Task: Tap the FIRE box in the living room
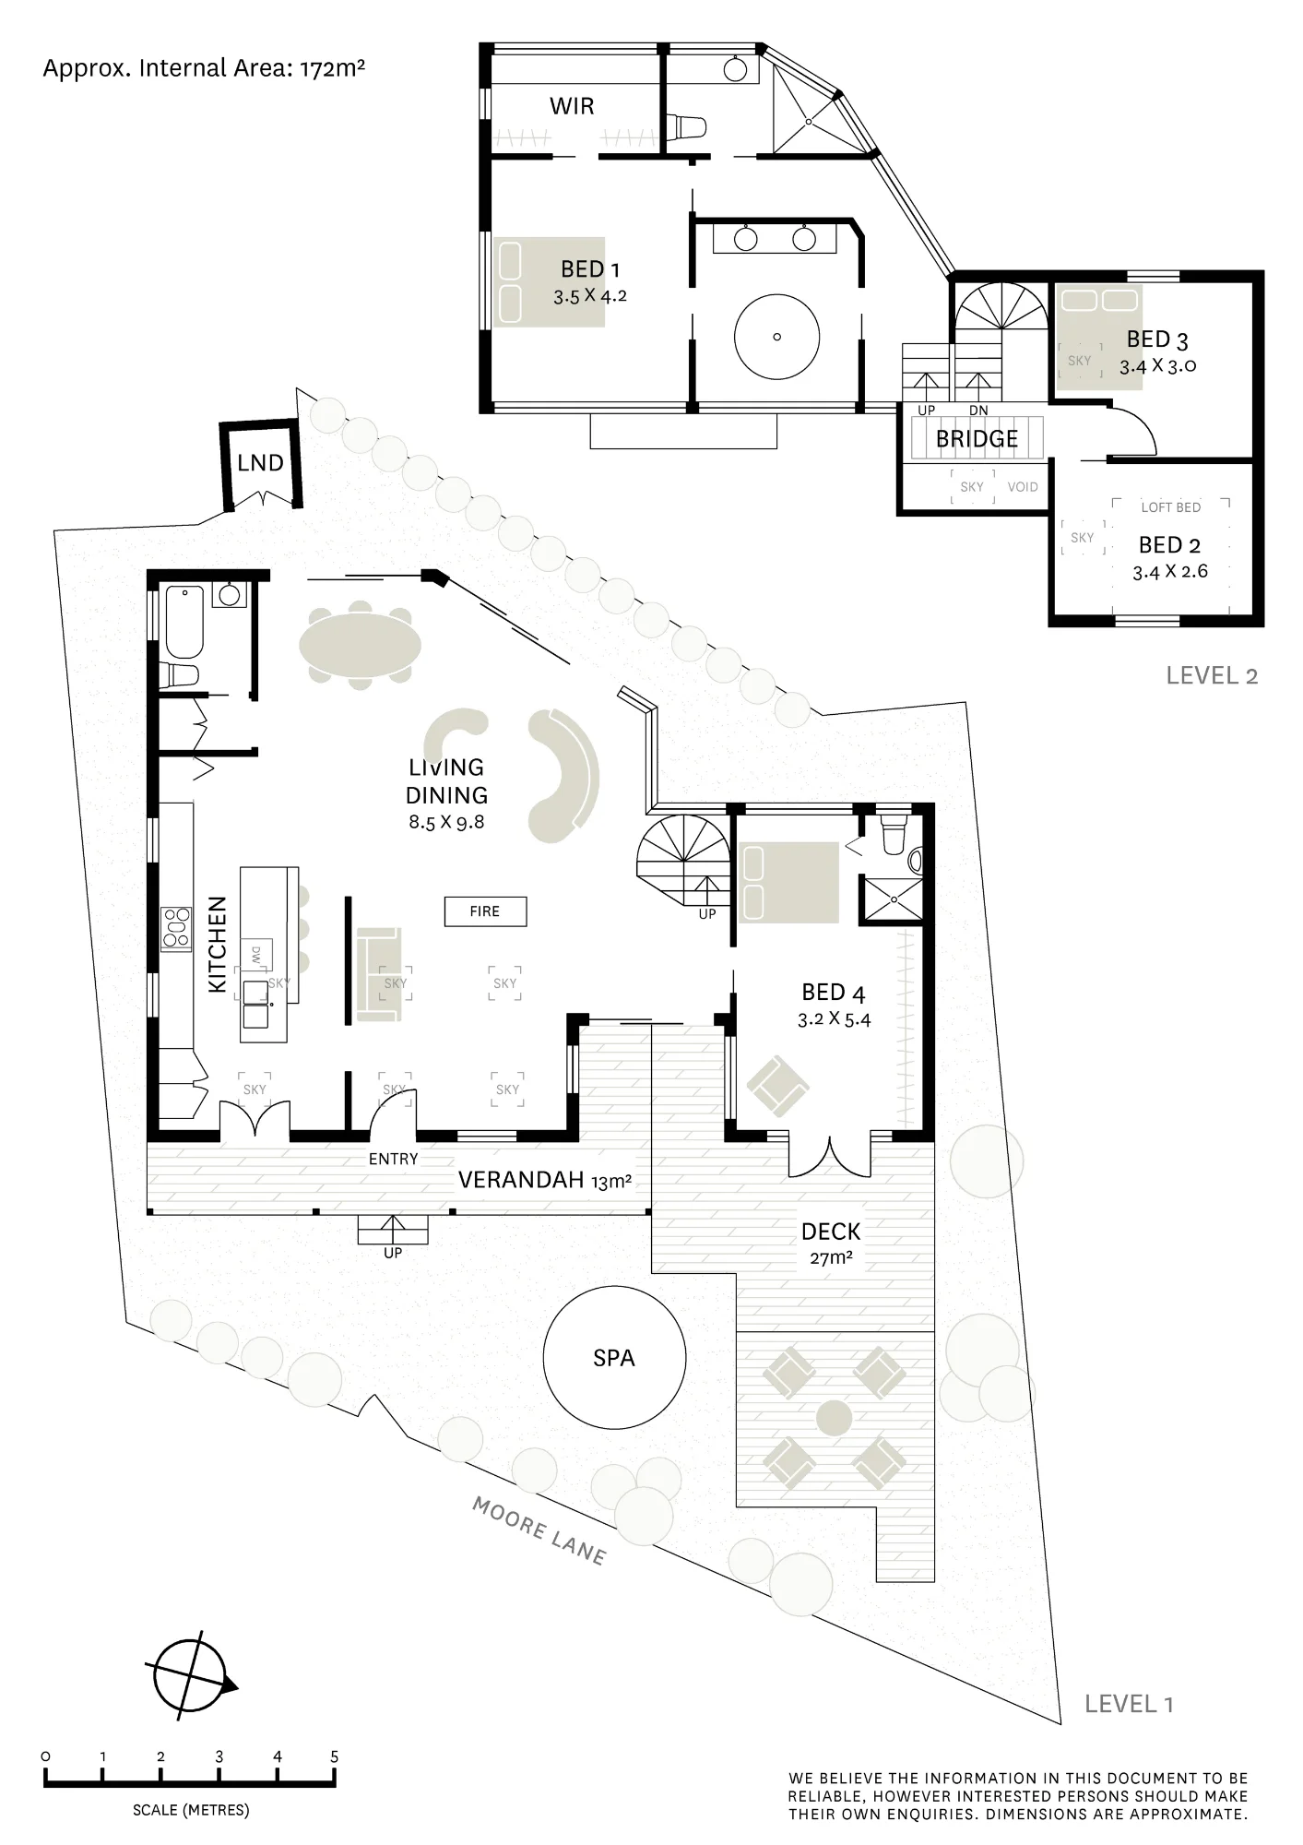485,911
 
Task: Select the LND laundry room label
260,463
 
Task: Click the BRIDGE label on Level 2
977,439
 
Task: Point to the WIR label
572,106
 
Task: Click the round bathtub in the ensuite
776,337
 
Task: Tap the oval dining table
360,646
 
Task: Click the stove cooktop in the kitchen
176,929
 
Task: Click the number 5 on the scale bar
335,1757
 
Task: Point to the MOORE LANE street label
539,1530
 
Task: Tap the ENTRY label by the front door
394,1159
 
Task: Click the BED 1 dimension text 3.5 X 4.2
590,296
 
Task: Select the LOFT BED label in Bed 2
1171,507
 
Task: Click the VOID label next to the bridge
1023,487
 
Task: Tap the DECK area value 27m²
831,1257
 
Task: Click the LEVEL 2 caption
1212,675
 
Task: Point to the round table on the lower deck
834,1418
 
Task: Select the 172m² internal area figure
332,68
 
